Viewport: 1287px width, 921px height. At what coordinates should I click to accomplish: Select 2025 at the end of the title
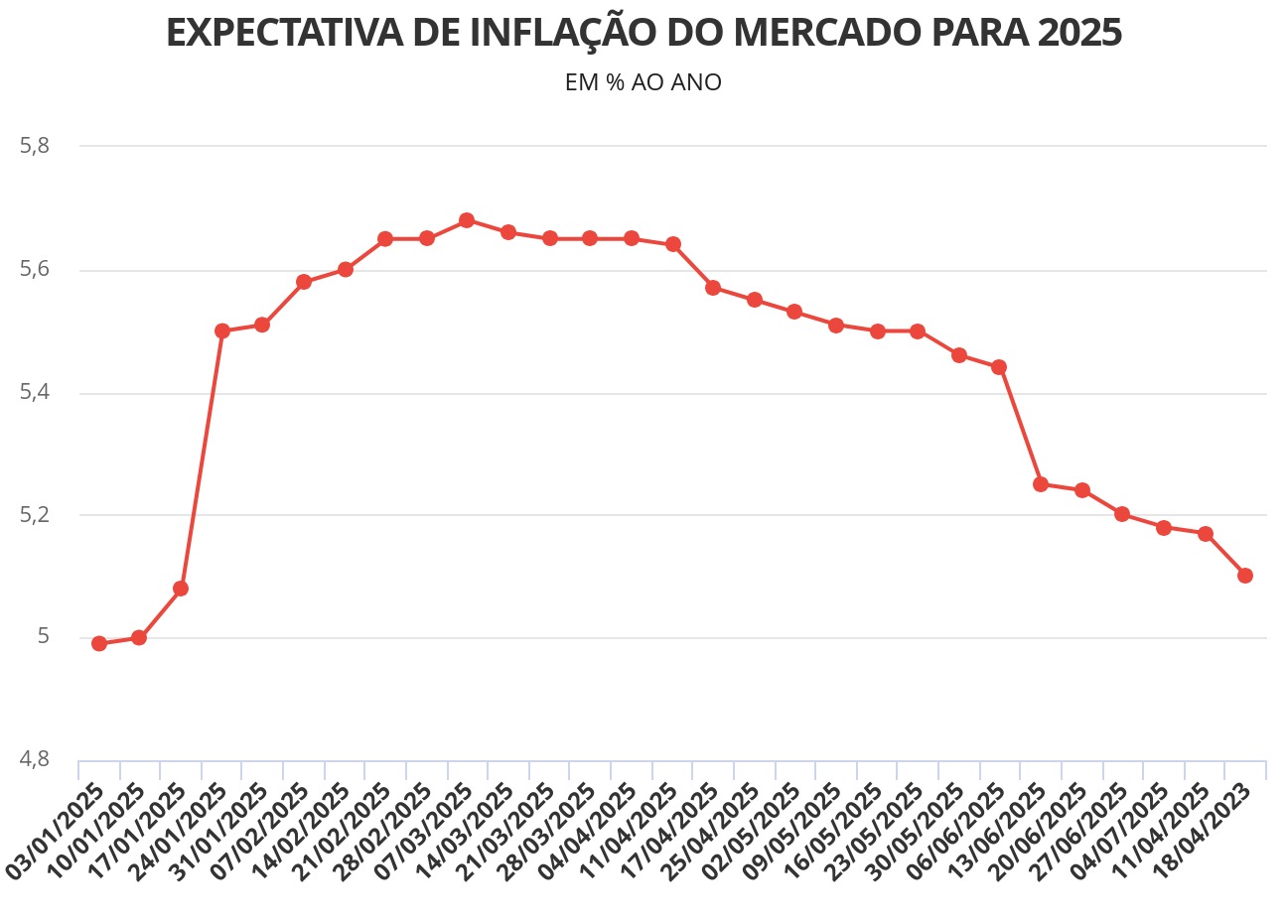pyautogui.click(x=1080, y=33)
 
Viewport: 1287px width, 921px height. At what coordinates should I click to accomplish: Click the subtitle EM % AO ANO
pyautogui.click(x=643, y=82)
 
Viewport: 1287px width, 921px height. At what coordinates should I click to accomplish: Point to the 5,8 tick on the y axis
pyautogui.click(x=35, y=146)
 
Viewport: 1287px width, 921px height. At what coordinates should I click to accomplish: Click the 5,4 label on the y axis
pyautogui.click(x=35, y=393)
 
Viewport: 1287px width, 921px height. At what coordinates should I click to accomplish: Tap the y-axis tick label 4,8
pyautogui.click(x=35, y=760)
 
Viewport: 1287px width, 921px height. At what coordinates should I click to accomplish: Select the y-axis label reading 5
pyautogui.click(x=43, y=637)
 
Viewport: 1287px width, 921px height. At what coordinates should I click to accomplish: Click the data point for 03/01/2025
pyautogui.click(x=98, y=643)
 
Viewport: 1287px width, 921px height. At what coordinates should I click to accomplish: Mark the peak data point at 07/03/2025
pyautogui.click(x=467, y=220)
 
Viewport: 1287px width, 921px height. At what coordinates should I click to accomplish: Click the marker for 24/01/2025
pyautogui.click(x=221, y=330)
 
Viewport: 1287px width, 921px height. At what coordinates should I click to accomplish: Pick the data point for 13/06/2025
pyautogui.click(x=1041, y=484)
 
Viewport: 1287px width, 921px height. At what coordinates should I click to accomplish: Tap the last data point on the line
pyautogui.click(x=1245, y=576)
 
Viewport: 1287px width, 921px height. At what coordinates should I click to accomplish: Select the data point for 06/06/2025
pyautogui.click(x=999, y=367)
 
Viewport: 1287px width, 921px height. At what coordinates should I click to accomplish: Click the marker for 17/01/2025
pyautogui.click(x=181, y=589)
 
